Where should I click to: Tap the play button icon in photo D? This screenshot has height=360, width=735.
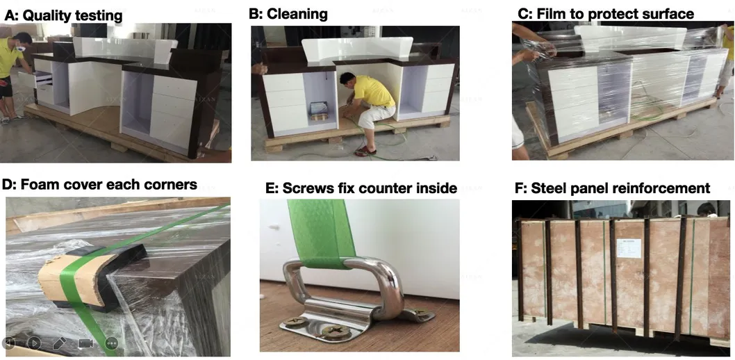point(33,343)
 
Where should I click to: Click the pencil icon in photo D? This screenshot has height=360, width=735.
point(60,343)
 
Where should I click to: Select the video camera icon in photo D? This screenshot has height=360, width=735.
point(85,343)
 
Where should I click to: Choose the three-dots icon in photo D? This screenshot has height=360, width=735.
point(111,343)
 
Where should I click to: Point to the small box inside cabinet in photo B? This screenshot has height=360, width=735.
point(320,108)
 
